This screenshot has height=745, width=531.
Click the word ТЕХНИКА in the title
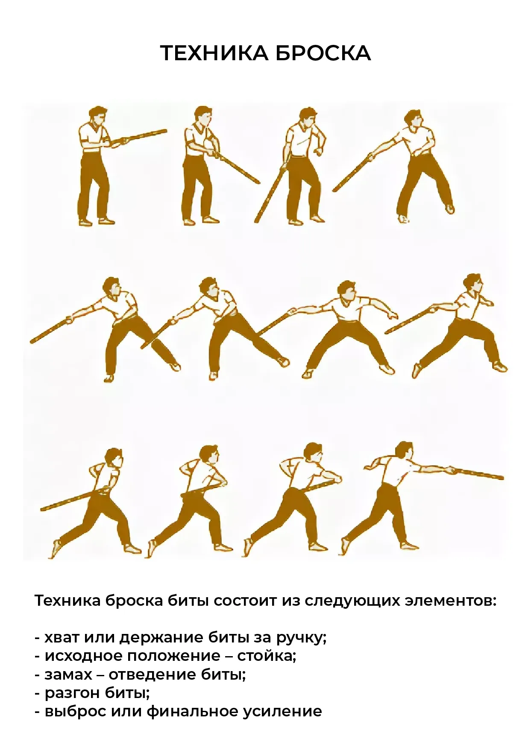click(x=214, y=53)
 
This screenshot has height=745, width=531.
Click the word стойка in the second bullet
click(x=267, y=656)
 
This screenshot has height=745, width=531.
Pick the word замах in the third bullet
click(x=68, y=675)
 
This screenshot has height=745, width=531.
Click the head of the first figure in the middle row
click(x=112, y=287)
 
